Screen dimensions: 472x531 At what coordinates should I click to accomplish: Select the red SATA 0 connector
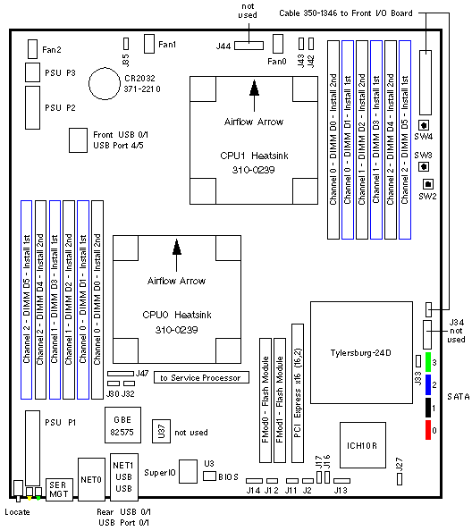click(428, 430)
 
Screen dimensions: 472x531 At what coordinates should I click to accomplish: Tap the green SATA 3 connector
click(428, 362)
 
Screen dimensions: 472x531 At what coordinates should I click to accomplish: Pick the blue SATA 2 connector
click(428, 384)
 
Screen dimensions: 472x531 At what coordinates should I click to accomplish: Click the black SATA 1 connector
click(428, 408)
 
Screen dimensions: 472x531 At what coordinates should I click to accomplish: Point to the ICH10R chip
click(363, 445)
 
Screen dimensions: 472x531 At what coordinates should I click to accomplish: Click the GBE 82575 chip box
click(122, 425)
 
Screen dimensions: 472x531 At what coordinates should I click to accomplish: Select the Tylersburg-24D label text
click(361, 353)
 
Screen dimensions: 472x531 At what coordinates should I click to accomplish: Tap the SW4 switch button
click(424, 125)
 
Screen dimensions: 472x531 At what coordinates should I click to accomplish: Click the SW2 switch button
click(428, 184)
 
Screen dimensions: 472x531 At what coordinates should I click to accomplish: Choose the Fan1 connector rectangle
click(149, 44)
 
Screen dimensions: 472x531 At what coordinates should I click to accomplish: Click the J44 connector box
click(249, 46)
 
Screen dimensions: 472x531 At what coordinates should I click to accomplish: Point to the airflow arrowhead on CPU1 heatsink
click(254, 88)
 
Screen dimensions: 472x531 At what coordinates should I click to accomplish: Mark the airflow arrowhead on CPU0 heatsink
click(176, 247)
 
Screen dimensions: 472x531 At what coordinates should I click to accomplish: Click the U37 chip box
click(161, 431)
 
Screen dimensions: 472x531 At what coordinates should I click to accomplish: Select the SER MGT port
click(59, 490)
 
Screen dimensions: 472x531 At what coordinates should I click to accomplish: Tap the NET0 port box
click(91, 479)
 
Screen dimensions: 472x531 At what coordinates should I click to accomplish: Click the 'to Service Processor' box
click(201, 377)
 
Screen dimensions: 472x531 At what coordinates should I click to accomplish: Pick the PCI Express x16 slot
click(298, 393)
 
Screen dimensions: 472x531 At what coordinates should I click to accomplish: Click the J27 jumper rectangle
click(400, 479)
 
